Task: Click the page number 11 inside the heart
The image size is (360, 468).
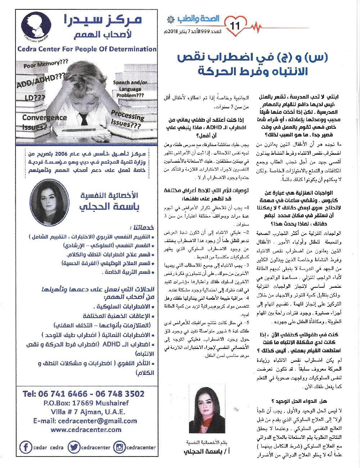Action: (237, 26)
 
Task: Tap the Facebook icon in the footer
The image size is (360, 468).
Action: (25, 447)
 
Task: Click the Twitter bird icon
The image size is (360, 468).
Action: (73, 447)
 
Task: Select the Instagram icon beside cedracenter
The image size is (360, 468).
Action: (119, 447)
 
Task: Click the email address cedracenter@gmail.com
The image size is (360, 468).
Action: (85, 421)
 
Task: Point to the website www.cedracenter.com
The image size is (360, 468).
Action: (86, 430)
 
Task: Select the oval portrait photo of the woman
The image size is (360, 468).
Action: (49, 203)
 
